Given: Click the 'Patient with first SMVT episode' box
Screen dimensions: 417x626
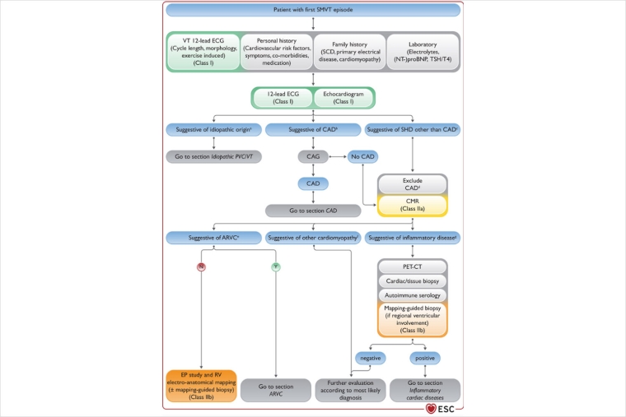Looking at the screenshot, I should pos(313,10).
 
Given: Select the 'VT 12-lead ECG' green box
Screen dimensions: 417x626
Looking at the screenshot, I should pos(213,53).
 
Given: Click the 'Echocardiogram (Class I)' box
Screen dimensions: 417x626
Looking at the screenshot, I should pos(343,98).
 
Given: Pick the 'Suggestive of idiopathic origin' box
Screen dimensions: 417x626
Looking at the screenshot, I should pos(213,130).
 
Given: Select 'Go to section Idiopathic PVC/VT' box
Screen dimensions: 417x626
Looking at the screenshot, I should pos(213,156).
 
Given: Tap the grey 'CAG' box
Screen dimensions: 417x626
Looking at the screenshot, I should pos(313,156).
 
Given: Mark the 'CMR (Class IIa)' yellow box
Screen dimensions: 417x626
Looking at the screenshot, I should pos(413,205).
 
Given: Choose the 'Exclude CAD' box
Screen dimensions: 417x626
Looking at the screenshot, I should pos(413,183).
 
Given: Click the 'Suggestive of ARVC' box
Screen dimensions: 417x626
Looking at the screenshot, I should pos(213,239).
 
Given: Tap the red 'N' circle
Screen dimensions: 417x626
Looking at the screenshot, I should pos(200,266).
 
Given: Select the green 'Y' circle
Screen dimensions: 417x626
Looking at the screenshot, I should pos(275,266).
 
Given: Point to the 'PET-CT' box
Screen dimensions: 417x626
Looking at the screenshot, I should pos(413,266).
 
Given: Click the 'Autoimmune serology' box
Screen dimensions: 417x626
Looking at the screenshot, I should pos(413,294).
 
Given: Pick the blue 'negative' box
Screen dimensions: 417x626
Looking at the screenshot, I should pos(370,358).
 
